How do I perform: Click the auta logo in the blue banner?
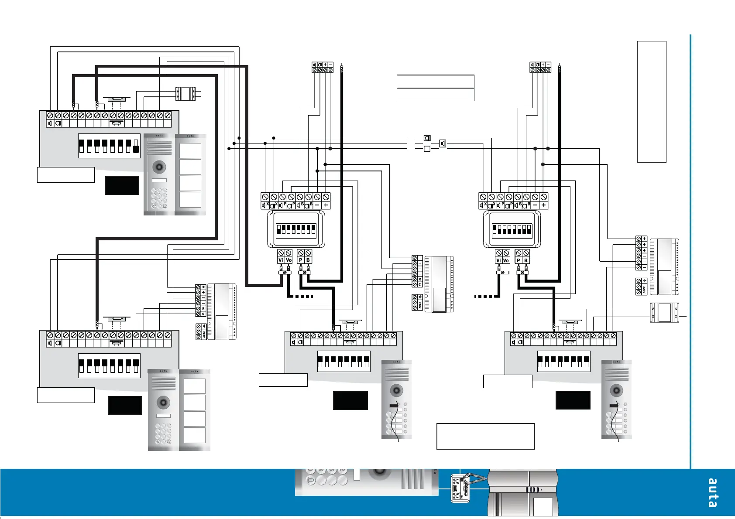712,493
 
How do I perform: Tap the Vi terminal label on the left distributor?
281,260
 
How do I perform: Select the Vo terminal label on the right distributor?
506,260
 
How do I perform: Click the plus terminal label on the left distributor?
326,205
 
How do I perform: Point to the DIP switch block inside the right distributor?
512,229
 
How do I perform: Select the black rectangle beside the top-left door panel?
122,185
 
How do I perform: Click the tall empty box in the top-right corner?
651,102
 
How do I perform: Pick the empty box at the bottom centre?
485,436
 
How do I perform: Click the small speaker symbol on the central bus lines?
443,143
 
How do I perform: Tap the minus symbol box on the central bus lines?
427,149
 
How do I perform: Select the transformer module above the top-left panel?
186,94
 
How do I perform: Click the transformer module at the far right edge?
664,312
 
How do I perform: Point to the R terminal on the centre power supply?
420,279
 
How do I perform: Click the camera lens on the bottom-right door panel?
616,389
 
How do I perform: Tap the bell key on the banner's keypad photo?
311,481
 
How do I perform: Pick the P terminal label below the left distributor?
300,260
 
